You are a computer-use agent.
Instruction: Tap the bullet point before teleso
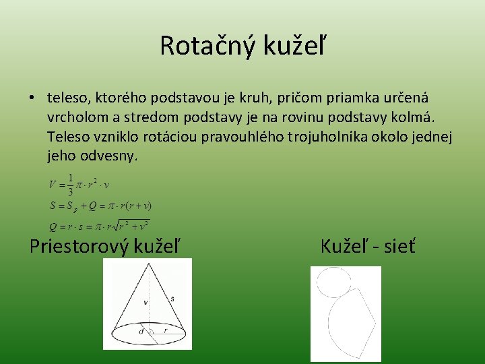[x=32, y=98]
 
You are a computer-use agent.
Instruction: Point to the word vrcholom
[x=75, y=118]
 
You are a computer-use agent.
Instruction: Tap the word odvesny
[x=112, y=156]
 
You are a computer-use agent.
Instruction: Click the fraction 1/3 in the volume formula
[x=71, y=184]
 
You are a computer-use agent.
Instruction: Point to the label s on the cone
[x=172, y=298]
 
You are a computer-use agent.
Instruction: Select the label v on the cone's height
[x=145, y=303]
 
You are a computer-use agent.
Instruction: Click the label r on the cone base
[x=166, y=331]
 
